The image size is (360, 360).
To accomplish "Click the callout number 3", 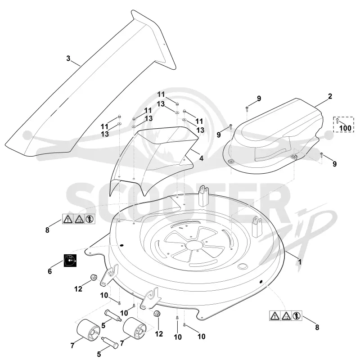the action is coord(68,58).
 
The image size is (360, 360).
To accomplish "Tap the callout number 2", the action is coord(330,96).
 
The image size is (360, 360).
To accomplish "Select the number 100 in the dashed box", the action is coord(345,128).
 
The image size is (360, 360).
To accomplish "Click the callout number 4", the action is coord(201,158).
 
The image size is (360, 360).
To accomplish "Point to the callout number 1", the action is coord(299,261).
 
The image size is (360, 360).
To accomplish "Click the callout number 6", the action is coord(50,271).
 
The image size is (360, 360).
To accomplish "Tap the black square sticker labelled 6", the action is coord(70,261).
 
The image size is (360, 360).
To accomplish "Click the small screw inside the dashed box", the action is coord(337,121).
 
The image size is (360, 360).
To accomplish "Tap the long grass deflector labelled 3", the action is coord(90,85).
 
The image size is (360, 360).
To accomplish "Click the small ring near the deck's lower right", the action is coord(243,266).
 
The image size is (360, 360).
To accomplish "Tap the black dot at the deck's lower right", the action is coord(261,282).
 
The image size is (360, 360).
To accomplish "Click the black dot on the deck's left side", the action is coord(121,245).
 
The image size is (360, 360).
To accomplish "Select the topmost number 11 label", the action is coord(161,94).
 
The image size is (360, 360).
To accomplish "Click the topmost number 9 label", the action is coord(259,99).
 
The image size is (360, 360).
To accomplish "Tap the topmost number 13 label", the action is coord(161,104).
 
